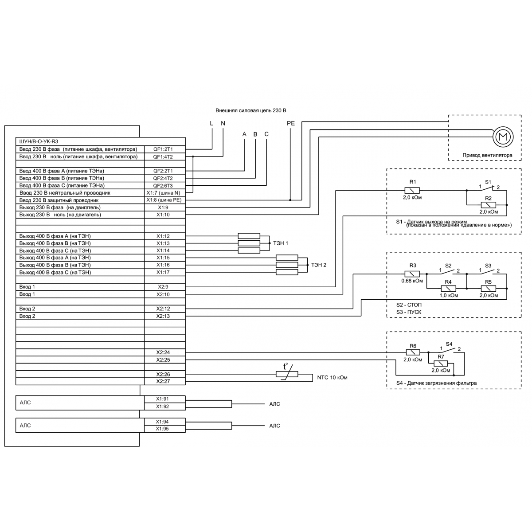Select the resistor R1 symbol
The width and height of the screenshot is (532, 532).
[x=412, y=190]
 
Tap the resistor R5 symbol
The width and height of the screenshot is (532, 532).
[x=488, y=289]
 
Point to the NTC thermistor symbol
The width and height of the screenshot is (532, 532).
[x=287, y=374]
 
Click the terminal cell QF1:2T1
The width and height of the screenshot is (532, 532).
[x=163, y=149]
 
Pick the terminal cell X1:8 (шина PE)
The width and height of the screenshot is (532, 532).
[x=163, y=200]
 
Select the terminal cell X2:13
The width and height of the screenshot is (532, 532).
[x=163, y=316]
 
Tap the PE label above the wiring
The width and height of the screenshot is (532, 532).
[x=291, y=124]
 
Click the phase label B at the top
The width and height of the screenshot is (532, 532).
[x=255, y=134]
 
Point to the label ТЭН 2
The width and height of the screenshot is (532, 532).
[x=319, y=265]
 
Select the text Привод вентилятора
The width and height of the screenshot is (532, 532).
[x=487, y=155]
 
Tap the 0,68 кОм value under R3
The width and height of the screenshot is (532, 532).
[x=412, y=281]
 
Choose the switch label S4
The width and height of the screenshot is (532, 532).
[x=449, y=344]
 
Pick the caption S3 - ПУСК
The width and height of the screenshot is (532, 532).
[x=409, y=312]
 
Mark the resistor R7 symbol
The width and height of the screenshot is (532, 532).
[x=441, y=364]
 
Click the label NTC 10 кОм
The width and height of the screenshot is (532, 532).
[x=332, y=378]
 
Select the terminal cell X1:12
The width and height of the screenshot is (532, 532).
[x=163, y=236]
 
